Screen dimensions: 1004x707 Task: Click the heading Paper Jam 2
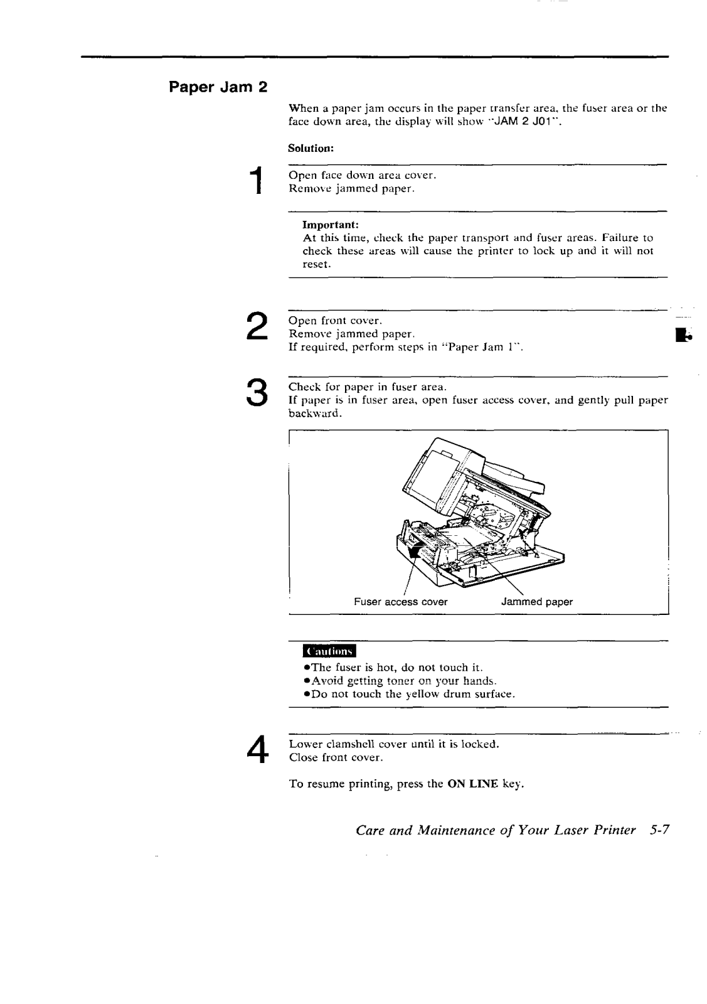[218, 87]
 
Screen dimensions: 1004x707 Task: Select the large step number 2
[255, 327]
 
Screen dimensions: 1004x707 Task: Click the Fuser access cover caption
[400, 602]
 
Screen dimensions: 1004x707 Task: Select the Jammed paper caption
[537, 602]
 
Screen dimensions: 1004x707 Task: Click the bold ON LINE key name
[472, 784]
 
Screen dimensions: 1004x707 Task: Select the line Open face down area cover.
[362, 175]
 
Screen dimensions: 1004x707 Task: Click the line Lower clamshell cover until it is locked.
[394, 744]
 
